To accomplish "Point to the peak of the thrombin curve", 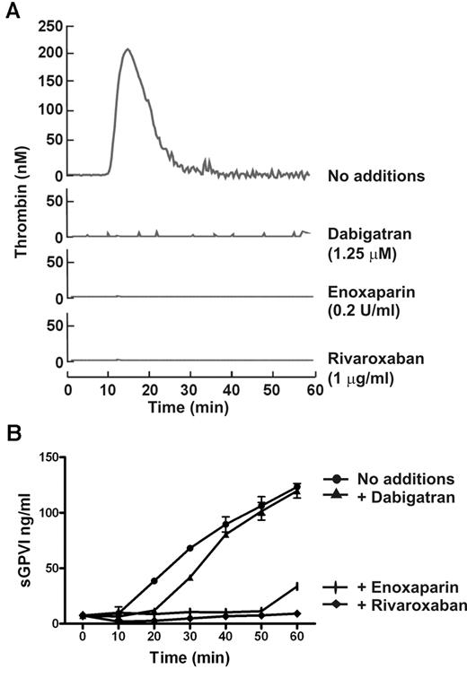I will click(x=128, y=49).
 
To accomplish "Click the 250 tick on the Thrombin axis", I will click(x=50, y=28).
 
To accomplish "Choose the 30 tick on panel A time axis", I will click(x=190, y=391).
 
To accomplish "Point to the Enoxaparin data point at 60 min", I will click(x=296, y=587).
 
